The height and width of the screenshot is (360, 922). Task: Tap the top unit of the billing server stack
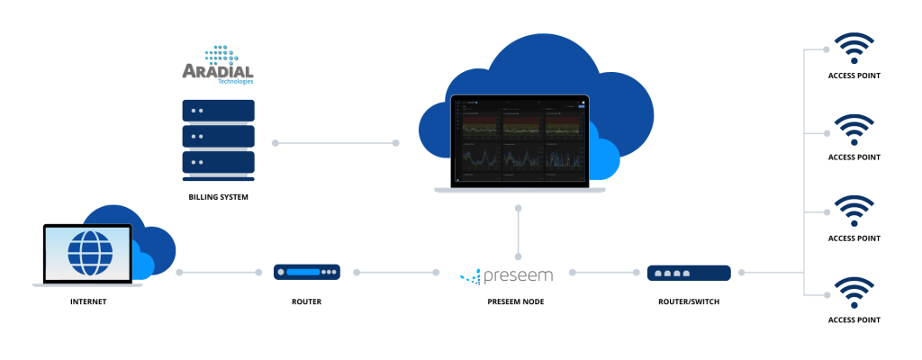218,111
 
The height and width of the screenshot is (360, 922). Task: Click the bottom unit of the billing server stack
218,163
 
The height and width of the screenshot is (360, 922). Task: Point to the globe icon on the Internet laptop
88,253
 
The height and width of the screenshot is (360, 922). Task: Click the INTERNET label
88,301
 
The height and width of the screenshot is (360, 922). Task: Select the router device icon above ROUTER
307,271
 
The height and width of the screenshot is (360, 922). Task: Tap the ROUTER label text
307,301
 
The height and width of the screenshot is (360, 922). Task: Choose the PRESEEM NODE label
518,301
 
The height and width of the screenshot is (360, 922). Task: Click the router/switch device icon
688,271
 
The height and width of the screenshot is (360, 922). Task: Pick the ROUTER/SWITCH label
688,301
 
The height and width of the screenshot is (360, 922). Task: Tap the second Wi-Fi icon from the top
853,130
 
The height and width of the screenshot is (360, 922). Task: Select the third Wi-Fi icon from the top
853,211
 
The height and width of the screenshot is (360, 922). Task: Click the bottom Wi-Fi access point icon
853,292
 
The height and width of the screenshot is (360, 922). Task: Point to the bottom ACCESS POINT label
853,319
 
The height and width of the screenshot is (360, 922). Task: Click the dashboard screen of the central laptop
519,141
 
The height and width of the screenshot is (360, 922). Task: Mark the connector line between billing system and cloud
336,142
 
